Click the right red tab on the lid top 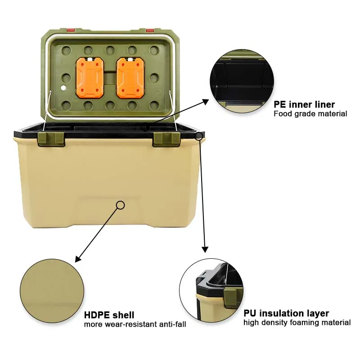150,31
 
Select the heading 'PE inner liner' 304,104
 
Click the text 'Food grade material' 310,114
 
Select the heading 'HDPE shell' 109,315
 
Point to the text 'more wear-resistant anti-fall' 135,324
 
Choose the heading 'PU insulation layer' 286,313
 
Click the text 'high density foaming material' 297,322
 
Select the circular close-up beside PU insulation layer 211,290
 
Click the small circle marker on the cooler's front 120,205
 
